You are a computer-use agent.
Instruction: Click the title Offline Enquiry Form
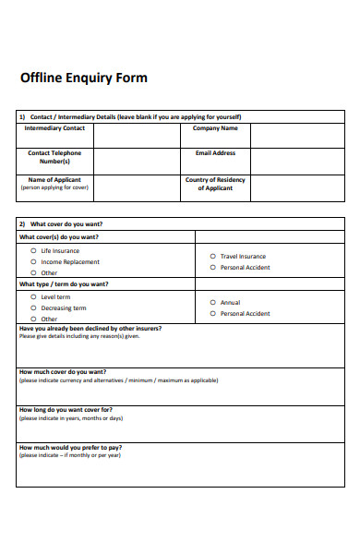point(83,78)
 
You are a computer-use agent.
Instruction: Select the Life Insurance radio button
point(34,250)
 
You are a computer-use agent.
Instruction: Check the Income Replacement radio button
point(34,261)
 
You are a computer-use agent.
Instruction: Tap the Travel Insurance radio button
point(212,256)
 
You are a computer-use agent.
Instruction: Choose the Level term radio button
point(34,296)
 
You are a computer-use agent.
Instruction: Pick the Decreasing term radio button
point(34,307)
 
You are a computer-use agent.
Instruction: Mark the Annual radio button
point(212,302)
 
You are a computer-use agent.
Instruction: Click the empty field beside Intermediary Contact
point(136,135)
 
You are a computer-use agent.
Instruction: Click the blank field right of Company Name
point(296,135)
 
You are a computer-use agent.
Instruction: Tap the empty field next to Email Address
point(296,161)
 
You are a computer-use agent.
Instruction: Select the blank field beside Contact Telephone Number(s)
point(136,161)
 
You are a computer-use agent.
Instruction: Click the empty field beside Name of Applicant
point(136,187)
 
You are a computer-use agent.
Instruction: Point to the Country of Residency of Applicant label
point(215,184)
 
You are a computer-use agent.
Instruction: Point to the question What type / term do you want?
point(64,284)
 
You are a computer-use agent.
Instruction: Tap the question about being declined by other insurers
point(90,329)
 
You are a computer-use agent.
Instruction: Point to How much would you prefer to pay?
point(70,447)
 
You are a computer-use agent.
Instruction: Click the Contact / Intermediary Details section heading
point(135,117)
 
